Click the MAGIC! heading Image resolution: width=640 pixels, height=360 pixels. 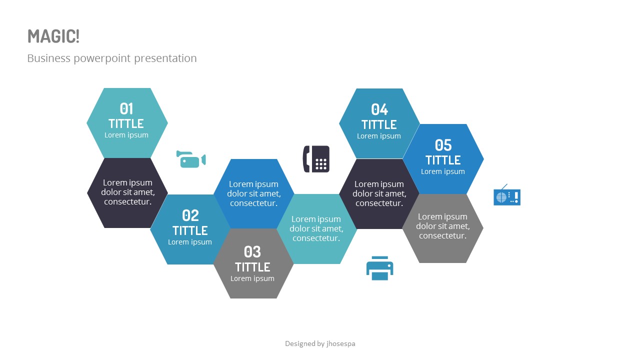53,36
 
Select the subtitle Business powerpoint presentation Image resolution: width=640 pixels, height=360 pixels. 112,58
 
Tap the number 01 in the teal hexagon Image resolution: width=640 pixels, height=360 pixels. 126,108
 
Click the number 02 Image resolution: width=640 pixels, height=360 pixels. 190,215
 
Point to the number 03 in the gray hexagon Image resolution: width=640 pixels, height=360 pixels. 252,251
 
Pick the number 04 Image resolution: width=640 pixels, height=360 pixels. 379,109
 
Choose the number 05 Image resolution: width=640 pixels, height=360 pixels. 443,145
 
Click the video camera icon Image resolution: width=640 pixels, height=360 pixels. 191,159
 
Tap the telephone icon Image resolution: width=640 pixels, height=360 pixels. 316,159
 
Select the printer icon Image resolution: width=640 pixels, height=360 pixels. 380,268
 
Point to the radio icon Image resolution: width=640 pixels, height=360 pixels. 507,196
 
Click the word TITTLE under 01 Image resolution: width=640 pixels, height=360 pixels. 126,123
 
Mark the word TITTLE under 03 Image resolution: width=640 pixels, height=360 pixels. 252,266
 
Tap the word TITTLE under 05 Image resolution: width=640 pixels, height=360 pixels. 443,160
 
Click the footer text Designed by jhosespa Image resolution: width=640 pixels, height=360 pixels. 320,343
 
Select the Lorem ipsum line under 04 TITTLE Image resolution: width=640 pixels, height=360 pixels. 379,136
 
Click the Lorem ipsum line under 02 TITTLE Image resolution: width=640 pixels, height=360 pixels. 190,242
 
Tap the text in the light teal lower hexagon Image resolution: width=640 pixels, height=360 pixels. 316,228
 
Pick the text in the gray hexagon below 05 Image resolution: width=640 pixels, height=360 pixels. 443,226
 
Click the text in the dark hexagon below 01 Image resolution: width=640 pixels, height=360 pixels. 127,192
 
